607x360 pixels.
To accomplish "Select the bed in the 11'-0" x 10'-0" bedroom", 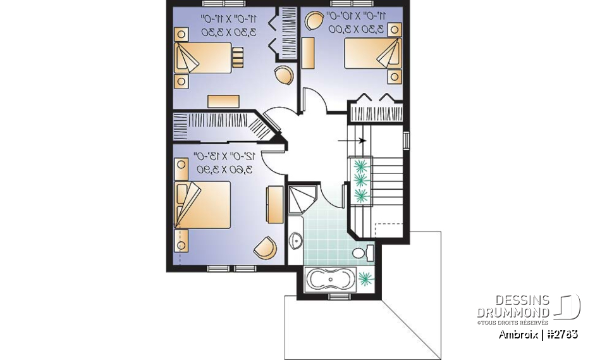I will [x=372, y=53].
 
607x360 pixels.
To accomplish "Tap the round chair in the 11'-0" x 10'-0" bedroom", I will [x=313, y=22].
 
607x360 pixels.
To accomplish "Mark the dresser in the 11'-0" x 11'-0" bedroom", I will [x=224, y=101].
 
